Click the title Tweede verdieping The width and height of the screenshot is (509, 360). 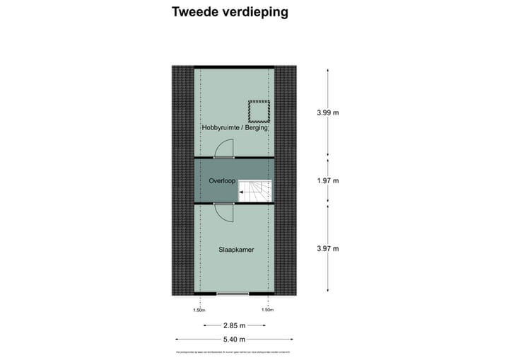(x=230, y=12)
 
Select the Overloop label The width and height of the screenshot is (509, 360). (x=222, y=181)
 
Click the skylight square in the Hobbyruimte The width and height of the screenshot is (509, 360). (x=259, y=111)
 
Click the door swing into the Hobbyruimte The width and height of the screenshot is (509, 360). (x=224, y=147)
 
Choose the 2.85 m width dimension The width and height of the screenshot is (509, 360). (x=233, y=326)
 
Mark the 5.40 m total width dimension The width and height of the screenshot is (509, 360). (x=233, y=340)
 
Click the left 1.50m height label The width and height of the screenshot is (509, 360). (x=199, y=310)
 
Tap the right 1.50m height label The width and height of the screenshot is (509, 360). (x=267, y=310)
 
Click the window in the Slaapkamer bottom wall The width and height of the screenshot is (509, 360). (x=233, y=294)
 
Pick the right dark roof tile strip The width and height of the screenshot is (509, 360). (x=285, y=180)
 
